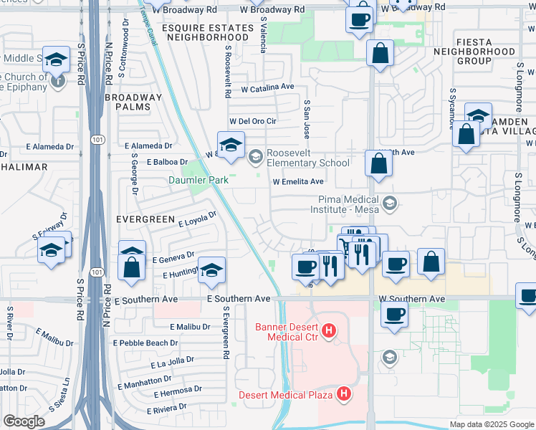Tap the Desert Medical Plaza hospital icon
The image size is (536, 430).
click(x=344, y=394)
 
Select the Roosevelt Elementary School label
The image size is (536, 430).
click(x=307, y=158)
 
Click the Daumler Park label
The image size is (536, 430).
click(x=198, y=180)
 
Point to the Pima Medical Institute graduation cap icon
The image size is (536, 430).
click(x=389, y=203)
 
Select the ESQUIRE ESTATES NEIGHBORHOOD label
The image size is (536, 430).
click(x=208, y=32)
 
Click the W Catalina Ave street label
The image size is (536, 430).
click(x=267, y=89)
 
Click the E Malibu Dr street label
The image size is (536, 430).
click(x=190, y=327)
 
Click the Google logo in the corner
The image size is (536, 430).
click(x=24, y=421)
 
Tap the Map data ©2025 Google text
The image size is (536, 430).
click(x=492, y=424)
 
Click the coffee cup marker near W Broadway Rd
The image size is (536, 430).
click(x=359, y=19)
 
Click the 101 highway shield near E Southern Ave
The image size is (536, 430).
click(x=95, y=272)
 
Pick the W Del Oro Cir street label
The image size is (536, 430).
click(x=252, y=121)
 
